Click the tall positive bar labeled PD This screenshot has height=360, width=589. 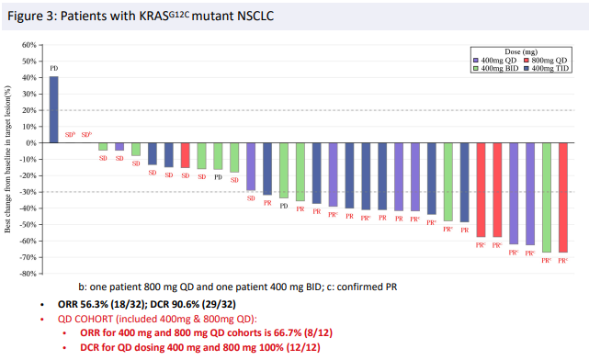(53, 109)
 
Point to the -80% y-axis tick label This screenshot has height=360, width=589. (27, 274)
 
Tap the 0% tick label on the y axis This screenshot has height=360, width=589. (30, 143)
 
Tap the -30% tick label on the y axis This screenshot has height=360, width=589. (27, 192)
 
